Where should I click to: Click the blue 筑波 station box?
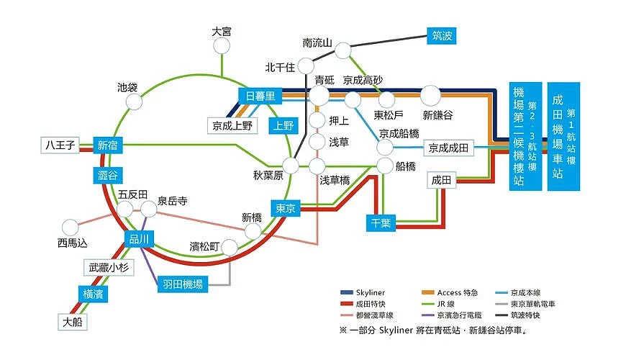[441, 36]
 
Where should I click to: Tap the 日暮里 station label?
[260, 96]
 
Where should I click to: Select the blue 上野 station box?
[283, 125]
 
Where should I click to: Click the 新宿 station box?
[107, 145]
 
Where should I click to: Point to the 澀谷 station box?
[107, 175]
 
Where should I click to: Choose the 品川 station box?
[139, 239]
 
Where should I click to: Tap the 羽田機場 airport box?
[183, 284]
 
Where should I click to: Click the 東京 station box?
[286, 208]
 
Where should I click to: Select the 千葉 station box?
[381, 223]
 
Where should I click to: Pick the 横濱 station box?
[93, 294]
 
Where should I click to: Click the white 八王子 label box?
[60, 145]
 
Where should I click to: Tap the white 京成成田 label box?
[448, 148]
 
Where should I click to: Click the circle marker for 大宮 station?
[222, 46]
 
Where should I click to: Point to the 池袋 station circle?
[134, 102]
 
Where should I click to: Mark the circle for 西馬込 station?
[71, 228]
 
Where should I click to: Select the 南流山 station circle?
[343, 50]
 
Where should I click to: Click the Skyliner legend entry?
[363, 293]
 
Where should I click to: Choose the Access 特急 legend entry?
[450, 293]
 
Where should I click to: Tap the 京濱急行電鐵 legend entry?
[452, 315]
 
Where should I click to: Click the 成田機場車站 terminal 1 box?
[563, 136]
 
